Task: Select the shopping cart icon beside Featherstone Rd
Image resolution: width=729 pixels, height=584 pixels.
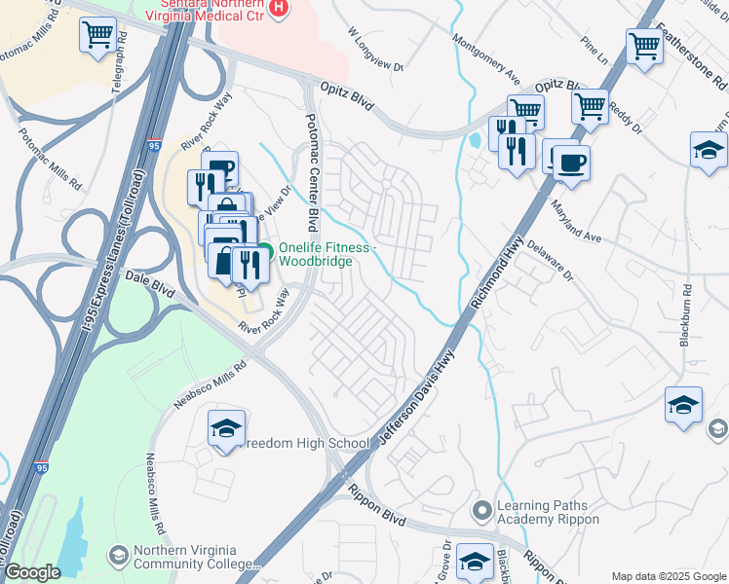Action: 644,45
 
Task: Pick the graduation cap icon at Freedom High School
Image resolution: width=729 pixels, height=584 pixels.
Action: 226,429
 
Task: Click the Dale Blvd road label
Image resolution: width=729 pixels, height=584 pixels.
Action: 149,282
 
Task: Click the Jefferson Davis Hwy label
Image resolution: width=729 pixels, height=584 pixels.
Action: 416,394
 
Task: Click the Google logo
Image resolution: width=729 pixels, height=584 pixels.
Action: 31,572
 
